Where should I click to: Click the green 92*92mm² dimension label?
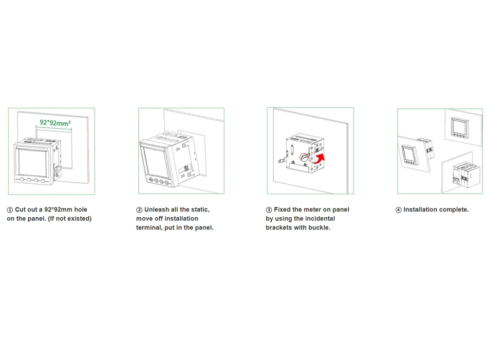[56, 123]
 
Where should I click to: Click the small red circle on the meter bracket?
[304, 157]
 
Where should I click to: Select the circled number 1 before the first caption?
[10, 210]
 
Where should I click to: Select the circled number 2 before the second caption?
[139, 210]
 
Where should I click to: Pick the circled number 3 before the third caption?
[269, 210]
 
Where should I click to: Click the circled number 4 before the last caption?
[398, 210]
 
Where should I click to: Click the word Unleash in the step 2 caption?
[156, 209]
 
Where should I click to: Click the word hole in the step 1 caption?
[80, 209]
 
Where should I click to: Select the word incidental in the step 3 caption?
[319, 219]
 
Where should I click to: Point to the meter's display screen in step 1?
[33, 163]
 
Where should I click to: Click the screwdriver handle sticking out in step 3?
[282, 161]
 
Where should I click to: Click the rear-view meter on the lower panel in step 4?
[463, 175]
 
